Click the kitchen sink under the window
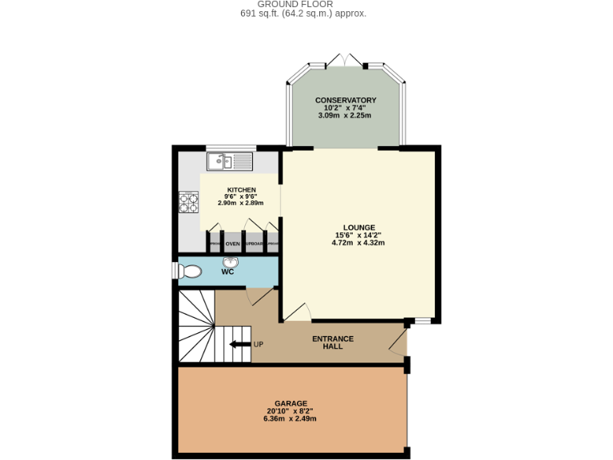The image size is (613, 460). pos(229,162)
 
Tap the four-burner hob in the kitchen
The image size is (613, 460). pos(188,203)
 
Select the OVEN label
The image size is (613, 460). pos(232,244)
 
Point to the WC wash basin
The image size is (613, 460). pos(231,262)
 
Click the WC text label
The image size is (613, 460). pos(227,272)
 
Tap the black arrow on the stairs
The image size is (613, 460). pos(239,344)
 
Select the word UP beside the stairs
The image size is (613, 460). pos(258,344)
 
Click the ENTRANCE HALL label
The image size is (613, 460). pos(333,343)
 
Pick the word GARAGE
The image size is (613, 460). pos(291,403)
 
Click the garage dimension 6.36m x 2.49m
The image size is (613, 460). pos(291,418)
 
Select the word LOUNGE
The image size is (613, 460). pos(358,228)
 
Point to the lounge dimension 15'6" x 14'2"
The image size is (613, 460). pos(358,236)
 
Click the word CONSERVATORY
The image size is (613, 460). pos(346,100)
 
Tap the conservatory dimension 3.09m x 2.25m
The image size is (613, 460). pos(346,115)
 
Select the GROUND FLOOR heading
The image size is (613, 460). pos(306,4)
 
